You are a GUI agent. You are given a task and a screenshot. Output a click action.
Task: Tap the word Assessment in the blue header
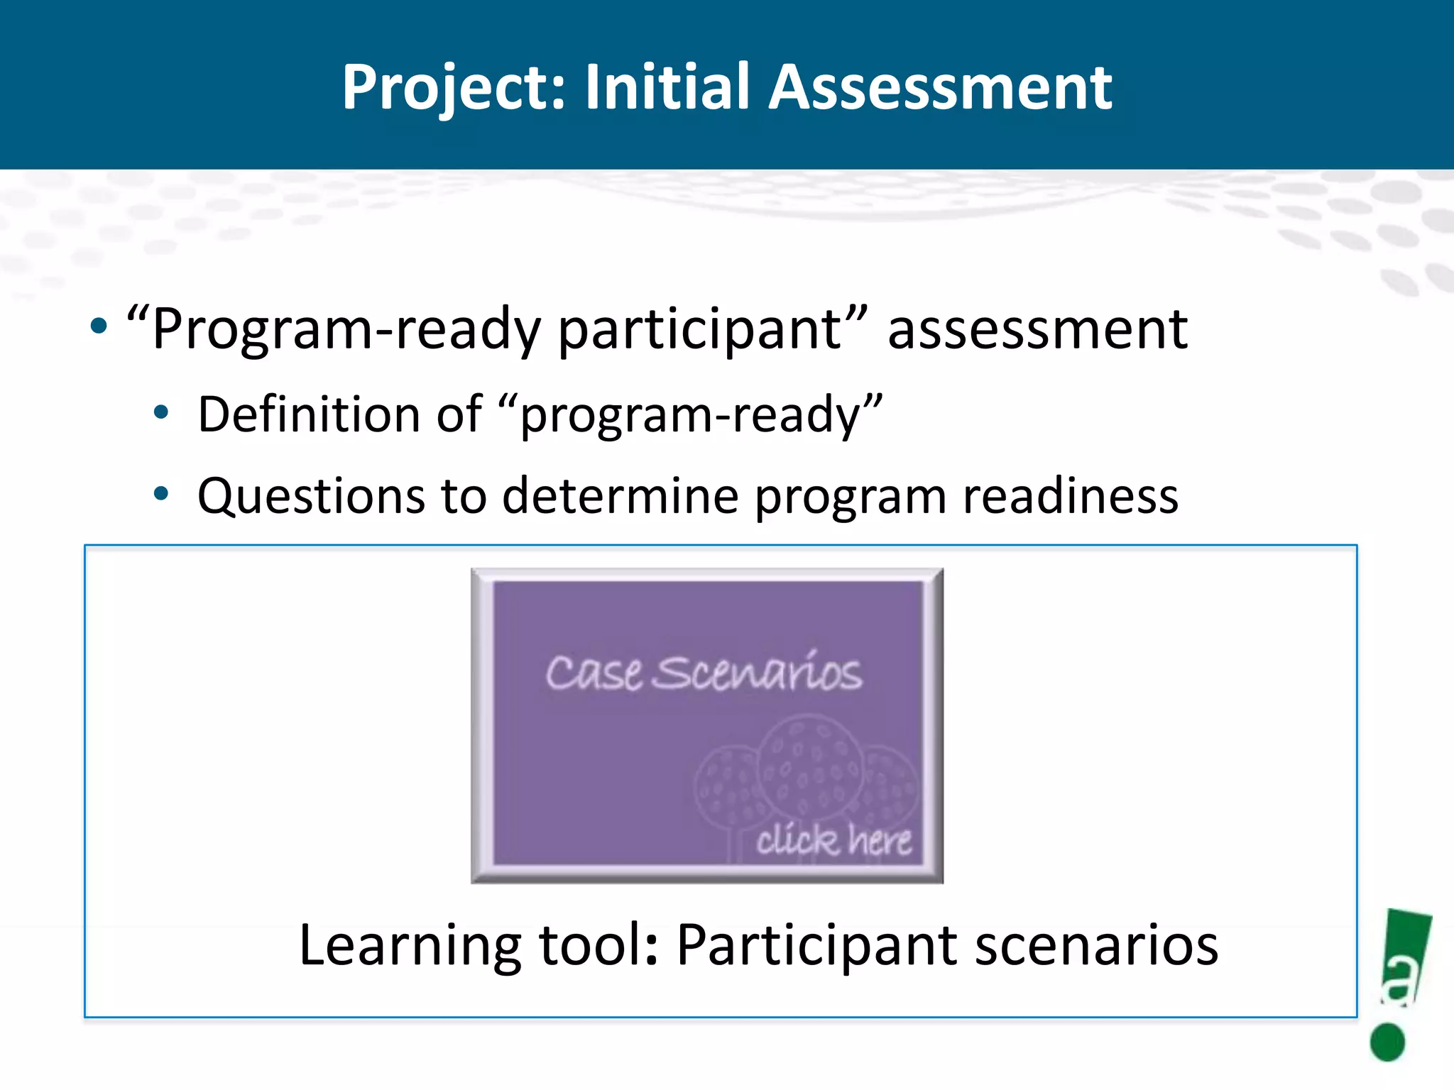940,87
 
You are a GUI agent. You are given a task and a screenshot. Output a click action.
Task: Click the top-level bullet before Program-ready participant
99,327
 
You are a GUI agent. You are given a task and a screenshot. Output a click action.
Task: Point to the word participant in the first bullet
699,331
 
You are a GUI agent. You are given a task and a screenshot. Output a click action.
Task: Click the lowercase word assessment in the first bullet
1037,331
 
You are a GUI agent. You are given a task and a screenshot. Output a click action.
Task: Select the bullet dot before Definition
162,412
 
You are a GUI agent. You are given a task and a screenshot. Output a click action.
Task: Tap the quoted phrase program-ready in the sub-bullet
690,416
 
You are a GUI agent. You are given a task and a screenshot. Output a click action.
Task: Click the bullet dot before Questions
162,493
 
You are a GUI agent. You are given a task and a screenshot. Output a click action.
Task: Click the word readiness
1070,495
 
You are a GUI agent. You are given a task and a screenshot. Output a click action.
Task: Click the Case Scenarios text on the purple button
703,673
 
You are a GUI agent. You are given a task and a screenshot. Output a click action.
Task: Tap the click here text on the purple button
833,840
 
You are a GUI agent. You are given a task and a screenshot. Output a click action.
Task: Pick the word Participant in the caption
816,947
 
